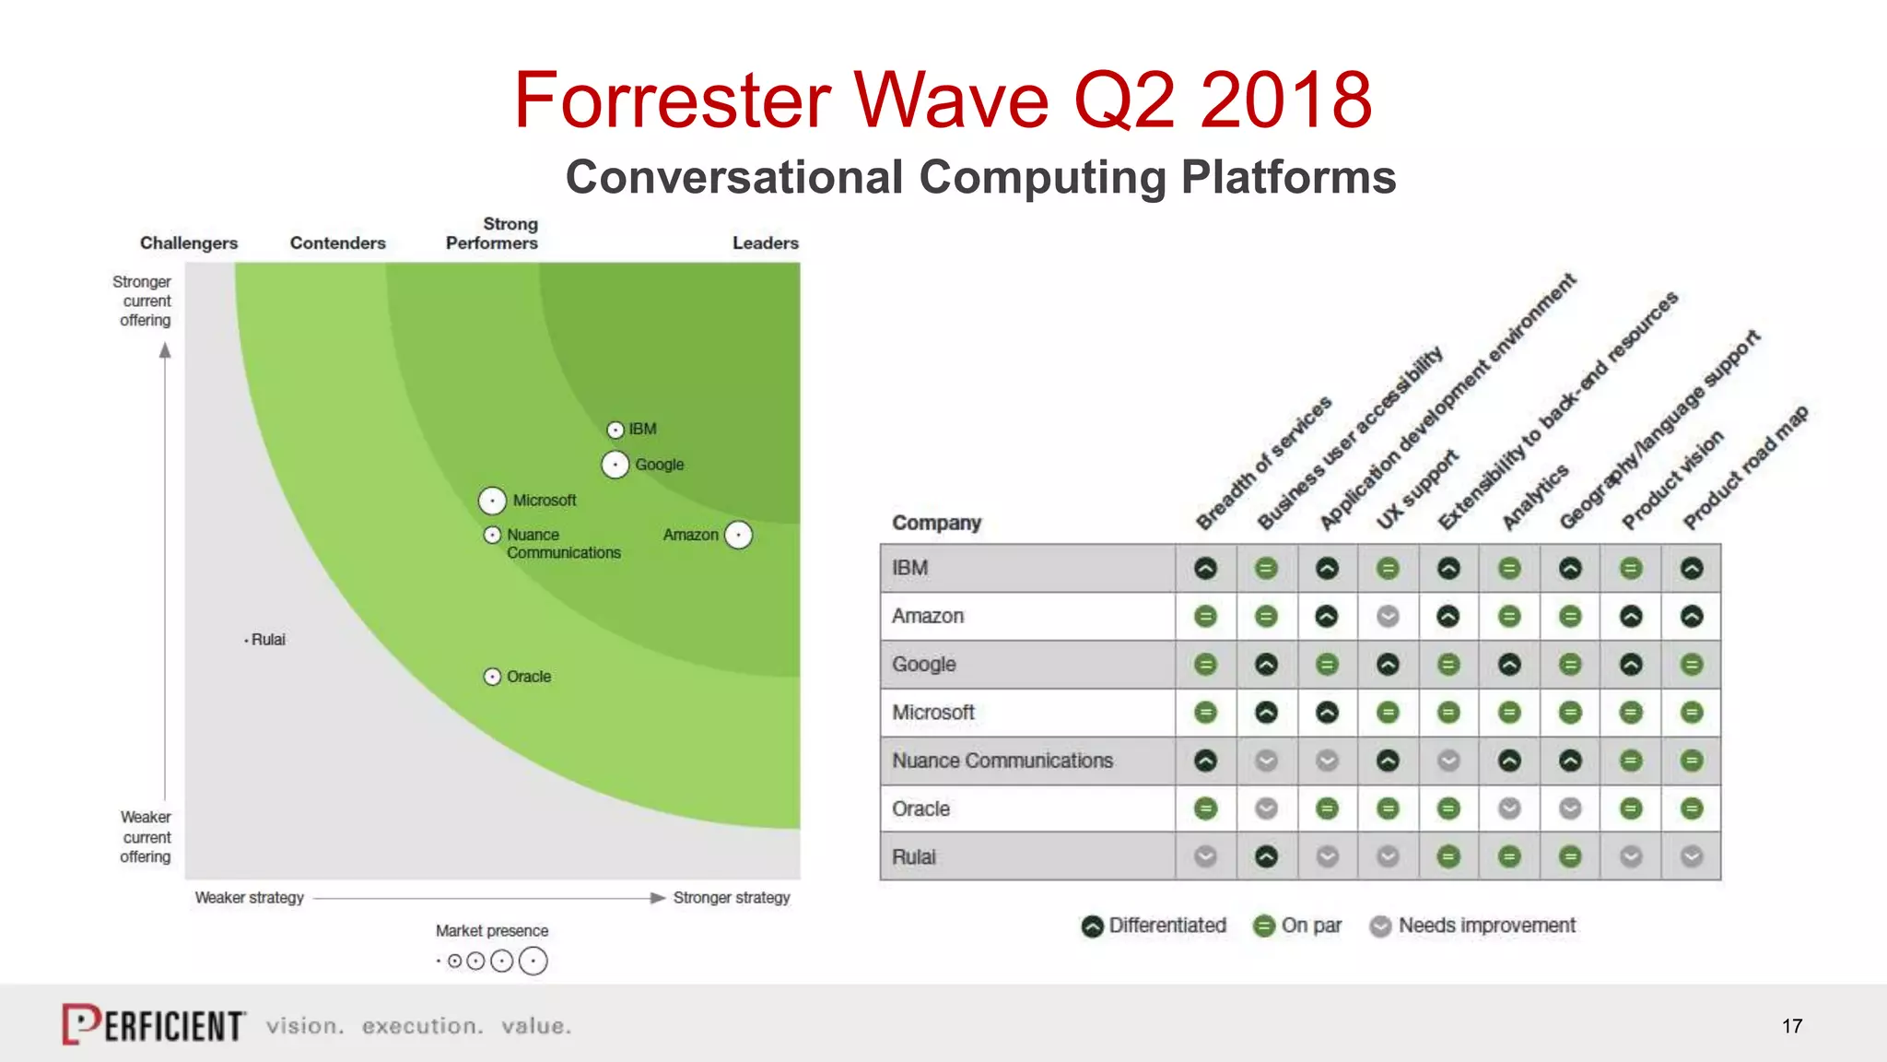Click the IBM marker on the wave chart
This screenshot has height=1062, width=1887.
(615, 430)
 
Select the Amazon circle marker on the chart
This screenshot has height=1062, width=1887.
(738, 535)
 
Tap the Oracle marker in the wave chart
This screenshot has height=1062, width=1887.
(493, 677)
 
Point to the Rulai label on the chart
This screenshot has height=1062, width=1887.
(268, 640)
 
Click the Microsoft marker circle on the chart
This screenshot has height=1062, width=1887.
(493, 501)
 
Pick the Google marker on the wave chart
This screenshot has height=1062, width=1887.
(615, 465)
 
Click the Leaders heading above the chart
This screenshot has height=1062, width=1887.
(765, 243)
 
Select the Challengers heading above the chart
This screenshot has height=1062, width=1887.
(189, 243)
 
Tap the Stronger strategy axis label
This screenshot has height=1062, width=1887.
(732, 898)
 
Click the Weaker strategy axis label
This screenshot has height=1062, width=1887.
(249, 898)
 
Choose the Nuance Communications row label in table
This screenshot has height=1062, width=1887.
(1002, 761)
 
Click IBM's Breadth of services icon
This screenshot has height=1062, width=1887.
(1205, 569)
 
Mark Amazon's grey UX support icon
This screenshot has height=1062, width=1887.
(1388, 617)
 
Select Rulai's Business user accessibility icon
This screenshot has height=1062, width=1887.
(1266, 857)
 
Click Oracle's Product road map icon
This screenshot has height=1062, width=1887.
(1692, 809)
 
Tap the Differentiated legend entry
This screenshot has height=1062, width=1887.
(1154, 926)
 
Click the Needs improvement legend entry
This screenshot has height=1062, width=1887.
(1472, 926)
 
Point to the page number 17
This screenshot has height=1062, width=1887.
(1792, 1026)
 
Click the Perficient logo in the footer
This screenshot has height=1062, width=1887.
(154, 1025)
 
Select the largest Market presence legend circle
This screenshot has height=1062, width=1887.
(533, 962)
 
